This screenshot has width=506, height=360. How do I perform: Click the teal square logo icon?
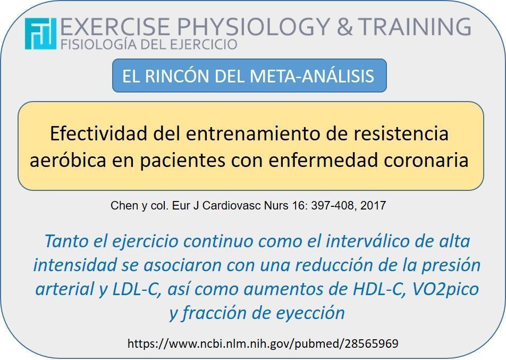coord(40,34)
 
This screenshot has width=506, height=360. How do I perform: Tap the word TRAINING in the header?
coord(415,26)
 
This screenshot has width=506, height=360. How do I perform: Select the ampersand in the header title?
coord(344,27)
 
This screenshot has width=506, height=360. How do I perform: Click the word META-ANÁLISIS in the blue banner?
coord(311,76)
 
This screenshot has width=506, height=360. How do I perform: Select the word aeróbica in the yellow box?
coord(68,160)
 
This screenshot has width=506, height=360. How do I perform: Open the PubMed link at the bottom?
coord(263,344)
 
